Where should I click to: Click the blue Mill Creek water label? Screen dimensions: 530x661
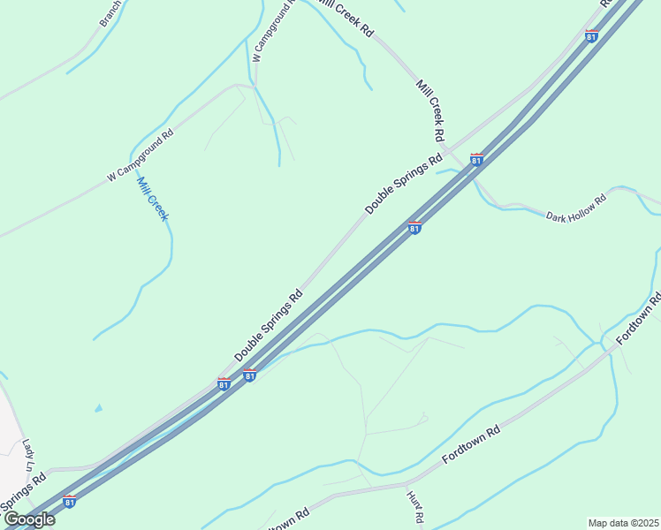152,200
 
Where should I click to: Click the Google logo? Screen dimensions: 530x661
29,519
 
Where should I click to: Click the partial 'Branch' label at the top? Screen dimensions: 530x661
110,14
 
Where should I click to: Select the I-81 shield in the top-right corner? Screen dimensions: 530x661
591,36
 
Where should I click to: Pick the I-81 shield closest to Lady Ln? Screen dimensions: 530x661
70,502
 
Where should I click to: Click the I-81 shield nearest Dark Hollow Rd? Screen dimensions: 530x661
476,160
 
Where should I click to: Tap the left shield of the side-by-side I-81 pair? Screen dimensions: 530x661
224,384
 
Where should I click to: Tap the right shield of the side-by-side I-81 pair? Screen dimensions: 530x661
250,375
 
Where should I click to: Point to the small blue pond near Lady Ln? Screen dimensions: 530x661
97,408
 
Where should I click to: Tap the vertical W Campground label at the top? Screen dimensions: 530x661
271,31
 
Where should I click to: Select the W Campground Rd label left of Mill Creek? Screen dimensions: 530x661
140,156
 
